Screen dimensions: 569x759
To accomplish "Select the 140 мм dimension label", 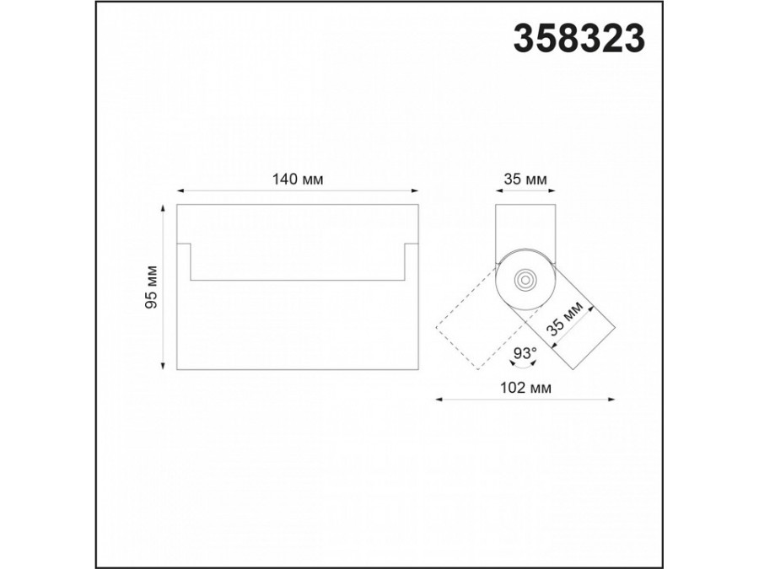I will coord(298,179).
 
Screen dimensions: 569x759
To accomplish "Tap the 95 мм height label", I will coord(151,287).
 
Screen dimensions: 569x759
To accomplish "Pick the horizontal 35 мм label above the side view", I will coord(525,179).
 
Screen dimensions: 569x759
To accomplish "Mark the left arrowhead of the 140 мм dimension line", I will coord(180,191).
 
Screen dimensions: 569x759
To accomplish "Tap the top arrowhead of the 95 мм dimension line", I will coord(162,207).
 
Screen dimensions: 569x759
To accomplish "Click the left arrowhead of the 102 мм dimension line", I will coord(438,400).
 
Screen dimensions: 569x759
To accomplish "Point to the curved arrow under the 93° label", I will coord(525,364).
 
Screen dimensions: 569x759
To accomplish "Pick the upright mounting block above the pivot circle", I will coord(525,226).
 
